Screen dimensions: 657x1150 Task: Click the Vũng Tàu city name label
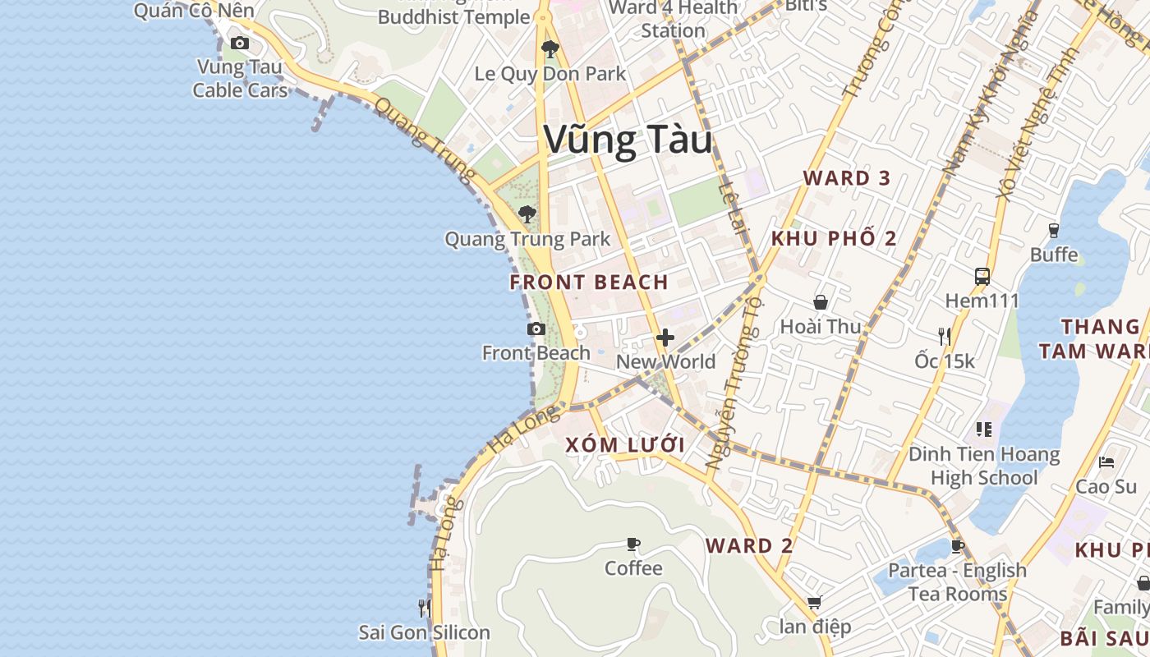click(628, 140)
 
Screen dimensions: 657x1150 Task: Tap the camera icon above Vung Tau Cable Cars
click(240, 43)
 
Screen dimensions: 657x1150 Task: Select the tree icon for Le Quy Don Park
click(550, 49)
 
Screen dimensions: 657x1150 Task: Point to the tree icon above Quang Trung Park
click(527, 214)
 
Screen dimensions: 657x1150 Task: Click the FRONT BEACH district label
click(589, 283)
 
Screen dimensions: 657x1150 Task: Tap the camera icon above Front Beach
click(536, 329)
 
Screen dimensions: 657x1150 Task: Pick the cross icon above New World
click(665, 338)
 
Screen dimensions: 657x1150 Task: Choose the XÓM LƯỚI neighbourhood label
click(625, 445)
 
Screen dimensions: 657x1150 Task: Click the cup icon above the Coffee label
click(633, 544)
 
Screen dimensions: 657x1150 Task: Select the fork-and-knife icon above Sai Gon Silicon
click(424, 609)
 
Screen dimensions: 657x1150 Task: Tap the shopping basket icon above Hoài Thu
click(820, 302)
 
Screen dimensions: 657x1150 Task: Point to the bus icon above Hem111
click(982, 276)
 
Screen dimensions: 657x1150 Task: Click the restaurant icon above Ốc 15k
click(945, 336)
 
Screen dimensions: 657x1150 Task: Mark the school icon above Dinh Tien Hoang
click(983, 429)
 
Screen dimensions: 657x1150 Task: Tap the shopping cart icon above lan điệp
click(814, 603)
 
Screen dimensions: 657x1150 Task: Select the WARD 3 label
click(847, 178)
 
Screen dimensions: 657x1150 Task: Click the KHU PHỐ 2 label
click(834, 239)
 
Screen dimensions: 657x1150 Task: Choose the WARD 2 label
click(750, 546)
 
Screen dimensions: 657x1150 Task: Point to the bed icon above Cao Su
click(1106, 462)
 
